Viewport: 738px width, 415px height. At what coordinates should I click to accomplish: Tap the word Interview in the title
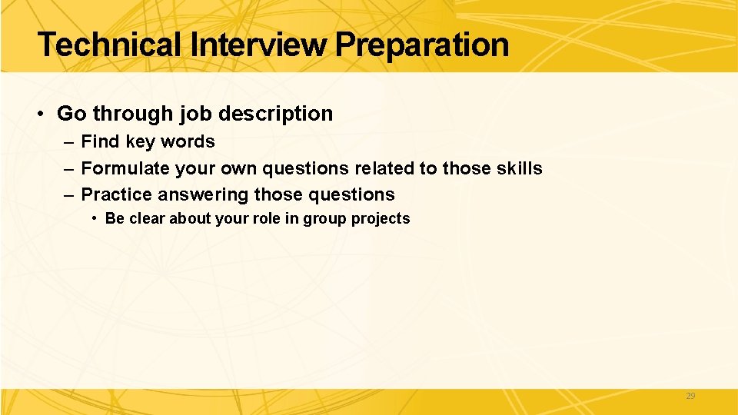point(261,45)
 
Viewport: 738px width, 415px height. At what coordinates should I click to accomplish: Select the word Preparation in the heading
point(422,45)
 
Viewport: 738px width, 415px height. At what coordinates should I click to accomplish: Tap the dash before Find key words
point(68,141)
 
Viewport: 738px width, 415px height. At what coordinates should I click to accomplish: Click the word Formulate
point(125,168)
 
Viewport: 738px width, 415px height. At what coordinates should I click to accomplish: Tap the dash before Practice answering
point(68,194)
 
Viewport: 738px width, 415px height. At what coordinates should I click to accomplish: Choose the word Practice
point(116,194)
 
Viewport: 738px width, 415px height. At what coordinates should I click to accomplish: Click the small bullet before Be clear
point(94,218)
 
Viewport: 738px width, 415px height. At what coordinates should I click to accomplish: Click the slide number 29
point(690,396)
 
